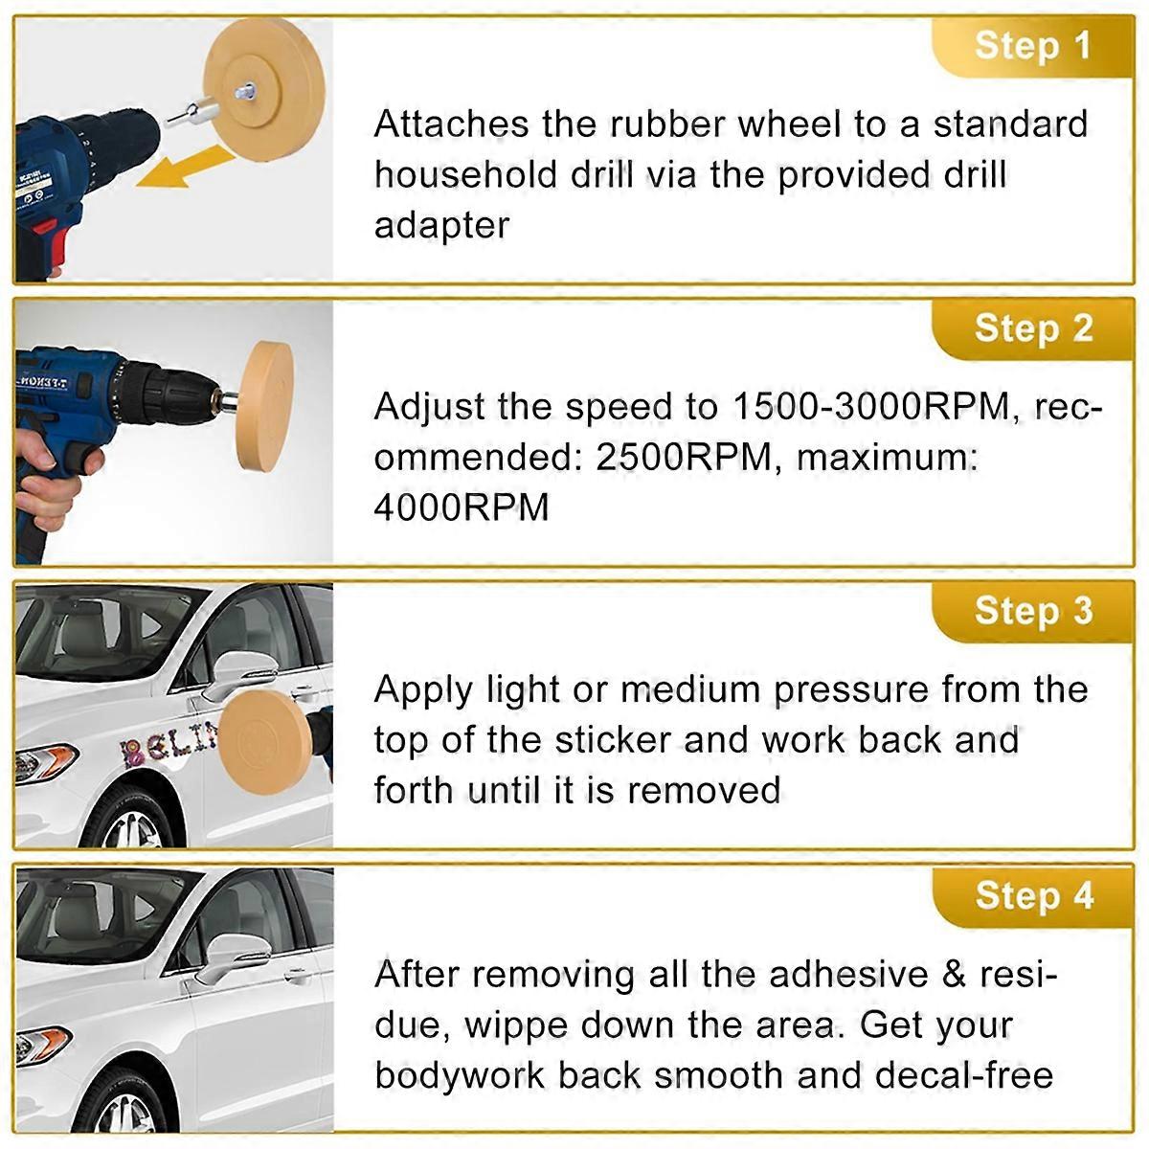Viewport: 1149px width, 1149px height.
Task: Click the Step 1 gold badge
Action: (x=1033, y=47)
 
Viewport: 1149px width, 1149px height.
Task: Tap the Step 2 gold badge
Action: (x=1033, y=329)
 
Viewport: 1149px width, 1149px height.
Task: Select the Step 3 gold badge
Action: (x=1033, y=613)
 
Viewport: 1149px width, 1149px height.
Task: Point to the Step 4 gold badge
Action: (x=1033, y=897)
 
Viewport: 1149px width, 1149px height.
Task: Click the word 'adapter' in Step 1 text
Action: (x=441, y=226)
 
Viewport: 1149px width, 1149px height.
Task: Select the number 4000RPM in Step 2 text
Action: (x=461, y=508)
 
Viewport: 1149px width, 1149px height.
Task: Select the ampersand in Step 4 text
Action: (x=954, y=976)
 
